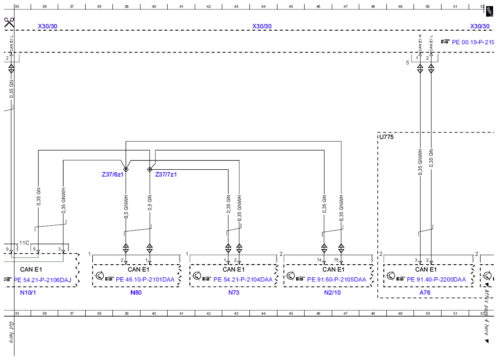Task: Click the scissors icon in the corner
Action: click(x=9, y=23)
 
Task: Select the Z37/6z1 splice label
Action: click(x=112, y=175)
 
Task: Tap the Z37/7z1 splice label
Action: click(x=166, y=175)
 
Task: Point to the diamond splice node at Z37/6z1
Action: click(x=126, y=170)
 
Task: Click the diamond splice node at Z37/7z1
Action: click(x=150, y=170)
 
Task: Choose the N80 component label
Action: click(x=136, y=292)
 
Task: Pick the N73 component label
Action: click(x=234, y=292)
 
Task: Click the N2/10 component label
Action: click(x=332, y=292)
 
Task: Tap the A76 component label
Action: click(x=425, y=292)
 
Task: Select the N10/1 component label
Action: click(x=28, y=292)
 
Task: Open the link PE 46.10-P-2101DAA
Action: click(x=145, y=280)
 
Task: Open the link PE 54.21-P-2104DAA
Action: click(x=243, y=280)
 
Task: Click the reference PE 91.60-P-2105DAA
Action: click(x=337, y=280)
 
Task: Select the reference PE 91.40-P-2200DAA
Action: click(x=436, y=280)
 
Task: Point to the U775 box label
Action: click(x=386, y=137)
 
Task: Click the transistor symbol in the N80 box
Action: click(x=100, y=276)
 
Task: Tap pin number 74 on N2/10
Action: click(x=319, y=260)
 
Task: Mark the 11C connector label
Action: click(x=24, y=243)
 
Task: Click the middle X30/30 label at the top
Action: click(x=262, y=26)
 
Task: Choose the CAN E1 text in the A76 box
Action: click(x=426, y=269)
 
